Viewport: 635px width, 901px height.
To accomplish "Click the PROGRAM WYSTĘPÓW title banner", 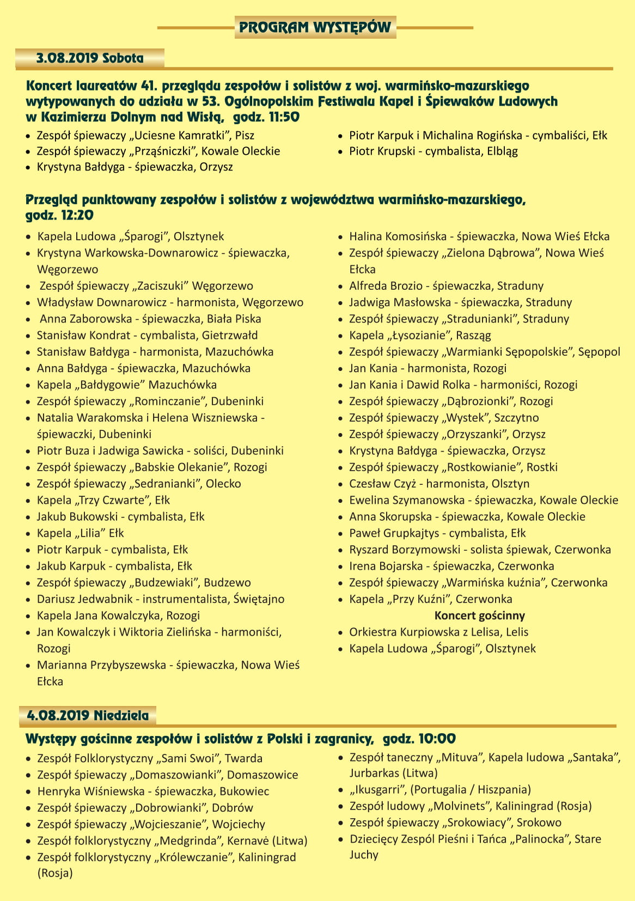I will point(315,27).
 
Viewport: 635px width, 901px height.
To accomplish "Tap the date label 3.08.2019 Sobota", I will point(90,58).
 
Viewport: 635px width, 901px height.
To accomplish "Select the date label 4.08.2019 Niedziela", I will point(88,715).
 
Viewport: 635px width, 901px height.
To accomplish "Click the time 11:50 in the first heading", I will point(283,117).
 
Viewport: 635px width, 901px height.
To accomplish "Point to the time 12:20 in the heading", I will point(77,215).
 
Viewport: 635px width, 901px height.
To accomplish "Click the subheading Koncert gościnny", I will point(479,616).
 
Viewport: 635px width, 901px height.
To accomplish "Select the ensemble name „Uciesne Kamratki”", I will point(181,135).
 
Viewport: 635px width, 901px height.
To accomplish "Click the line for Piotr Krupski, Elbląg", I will point(433,151).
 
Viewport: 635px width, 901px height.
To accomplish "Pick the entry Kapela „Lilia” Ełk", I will point(80,533).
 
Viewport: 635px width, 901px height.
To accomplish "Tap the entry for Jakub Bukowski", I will point(120,516).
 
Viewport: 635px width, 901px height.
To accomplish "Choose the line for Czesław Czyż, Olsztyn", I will point(439,484).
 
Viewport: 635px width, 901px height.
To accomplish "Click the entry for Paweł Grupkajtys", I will point(437,533).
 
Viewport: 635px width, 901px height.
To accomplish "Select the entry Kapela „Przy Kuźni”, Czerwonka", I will point(430,599).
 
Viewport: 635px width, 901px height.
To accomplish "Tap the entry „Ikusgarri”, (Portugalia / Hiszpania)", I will point(439,789).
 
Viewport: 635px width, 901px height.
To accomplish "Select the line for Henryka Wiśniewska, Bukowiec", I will point(152,791).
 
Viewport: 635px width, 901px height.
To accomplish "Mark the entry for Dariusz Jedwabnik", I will point(160,599).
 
